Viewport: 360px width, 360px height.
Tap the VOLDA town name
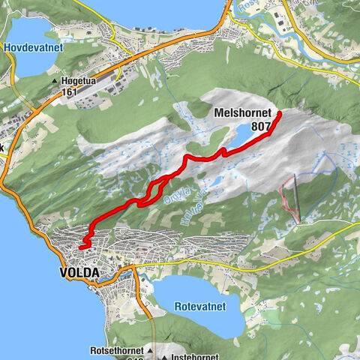click(79, 273)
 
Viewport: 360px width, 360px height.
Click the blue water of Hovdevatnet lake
click(30, 64)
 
